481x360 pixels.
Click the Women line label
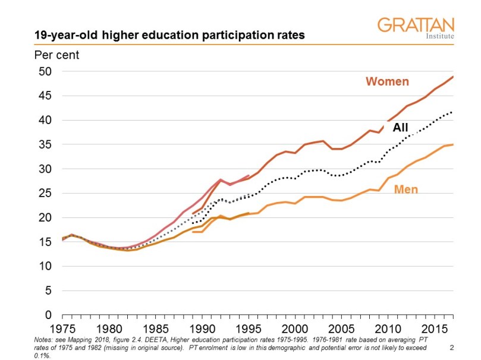point(387,81)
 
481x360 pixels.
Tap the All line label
point(400,127)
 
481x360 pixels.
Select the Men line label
point(406,190)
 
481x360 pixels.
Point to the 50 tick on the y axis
point(46,71)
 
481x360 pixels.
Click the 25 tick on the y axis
point(46,193)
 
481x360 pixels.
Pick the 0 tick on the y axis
point(49,315)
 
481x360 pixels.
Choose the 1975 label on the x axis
point(62,329)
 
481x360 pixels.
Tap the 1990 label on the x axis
point(202,329)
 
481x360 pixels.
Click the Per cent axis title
point(56,55)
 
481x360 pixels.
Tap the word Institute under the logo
point(441,36)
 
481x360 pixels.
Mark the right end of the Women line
point(453,77)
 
